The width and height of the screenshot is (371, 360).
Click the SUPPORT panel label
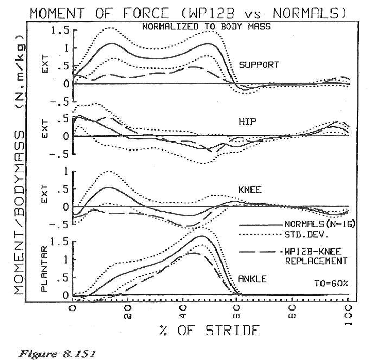pos(258,65)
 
